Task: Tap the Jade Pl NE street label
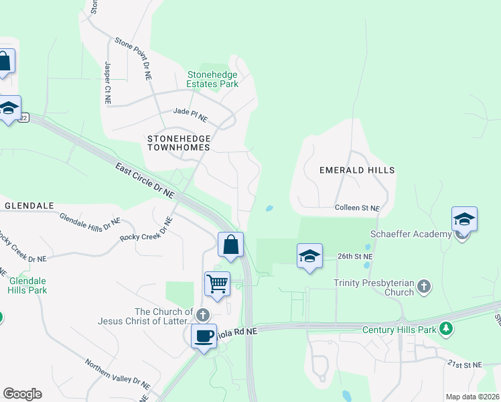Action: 190,115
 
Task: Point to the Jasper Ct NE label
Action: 107,82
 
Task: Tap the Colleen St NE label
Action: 358,209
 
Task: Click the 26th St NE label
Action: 354,257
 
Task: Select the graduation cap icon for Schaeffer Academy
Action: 464,220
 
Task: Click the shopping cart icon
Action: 218,283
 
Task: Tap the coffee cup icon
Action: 204,336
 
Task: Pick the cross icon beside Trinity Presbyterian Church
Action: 423,287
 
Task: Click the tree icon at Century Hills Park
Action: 446,330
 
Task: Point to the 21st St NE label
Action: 466,364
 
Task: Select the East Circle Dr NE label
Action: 145,180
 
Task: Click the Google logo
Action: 22,394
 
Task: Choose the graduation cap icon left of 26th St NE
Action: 309,256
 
